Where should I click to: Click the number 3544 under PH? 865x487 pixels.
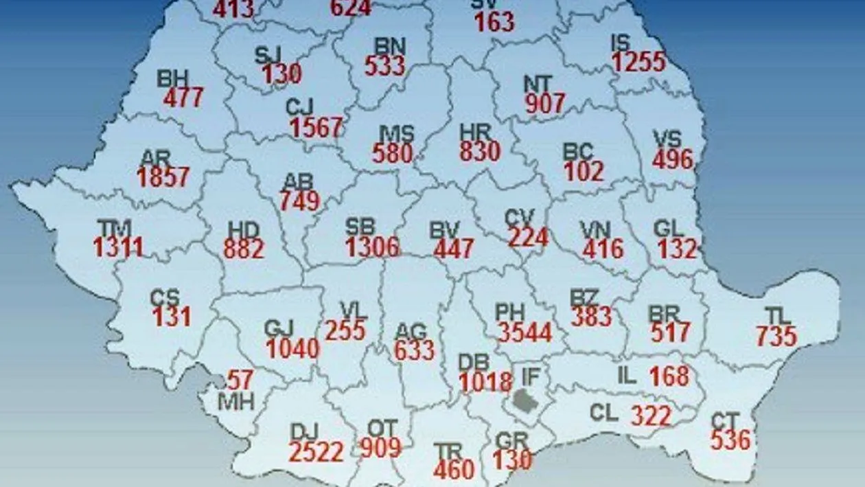[525, 333]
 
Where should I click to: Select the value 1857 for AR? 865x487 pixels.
[163, 177]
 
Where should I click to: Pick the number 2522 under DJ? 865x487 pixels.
[316, 452]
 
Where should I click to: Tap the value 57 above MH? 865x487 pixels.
[240, 380]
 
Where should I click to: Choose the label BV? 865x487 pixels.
[444, 230]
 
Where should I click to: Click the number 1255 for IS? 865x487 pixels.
[639, 63]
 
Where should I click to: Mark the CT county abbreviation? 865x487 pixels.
[725, 420]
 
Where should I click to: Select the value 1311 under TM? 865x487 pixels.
[119, 247]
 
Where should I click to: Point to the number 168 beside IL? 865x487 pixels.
[669, 376]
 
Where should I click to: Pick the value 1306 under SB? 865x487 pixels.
[372, 247]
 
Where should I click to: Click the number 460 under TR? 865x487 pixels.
[454, 470]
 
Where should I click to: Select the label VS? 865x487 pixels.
[668, 139]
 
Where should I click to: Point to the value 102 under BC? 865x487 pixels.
[584, 171]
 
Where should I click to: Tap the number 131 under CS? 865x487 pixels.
[172, 317]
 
